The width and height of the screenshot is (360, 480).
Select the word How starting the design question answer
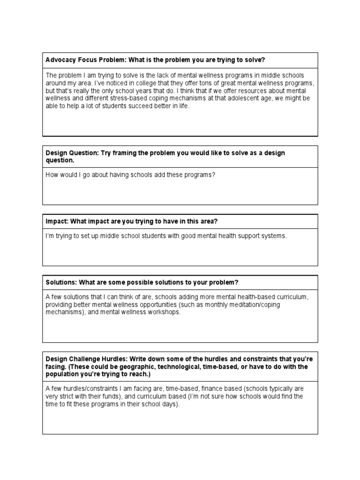[52, 175]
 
